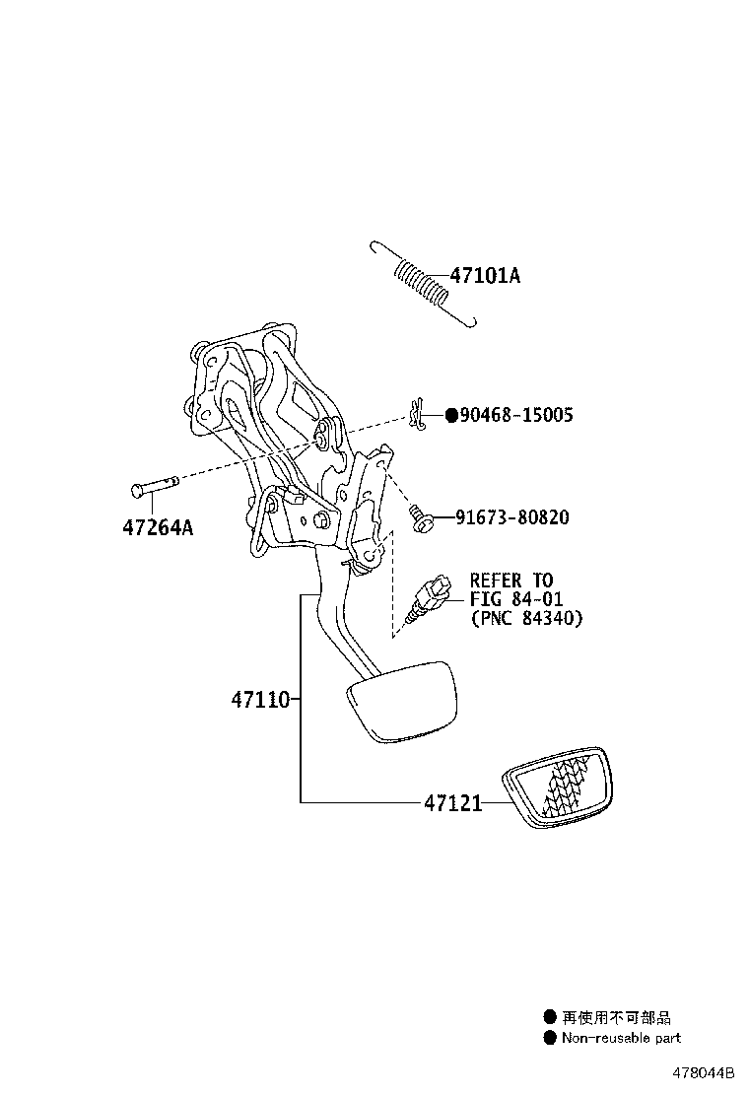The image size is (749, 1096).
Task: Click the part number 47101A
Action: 485,276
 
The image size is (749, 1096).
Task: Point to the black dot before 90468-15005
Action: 451,416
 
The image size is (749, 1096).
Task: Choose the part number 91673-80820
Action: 511,517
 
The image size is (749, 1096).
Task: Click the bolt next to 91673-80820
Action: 421,519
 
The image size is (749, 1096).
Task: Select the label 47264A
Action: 158,527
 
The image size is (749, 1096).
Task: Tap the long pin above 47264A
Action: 155,486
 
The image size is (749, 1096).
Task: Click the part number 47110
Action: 260,701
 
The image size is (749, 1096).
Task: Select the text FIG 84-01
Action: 516,599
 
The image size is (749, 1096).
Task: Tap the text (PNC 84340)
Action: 525,618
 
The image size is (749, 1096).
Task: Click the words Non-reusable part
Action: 621,1037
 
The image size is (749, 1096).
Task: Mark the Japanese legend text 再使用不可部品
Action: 616,1018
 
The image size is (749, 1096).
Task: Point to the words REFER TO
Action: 511,581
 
